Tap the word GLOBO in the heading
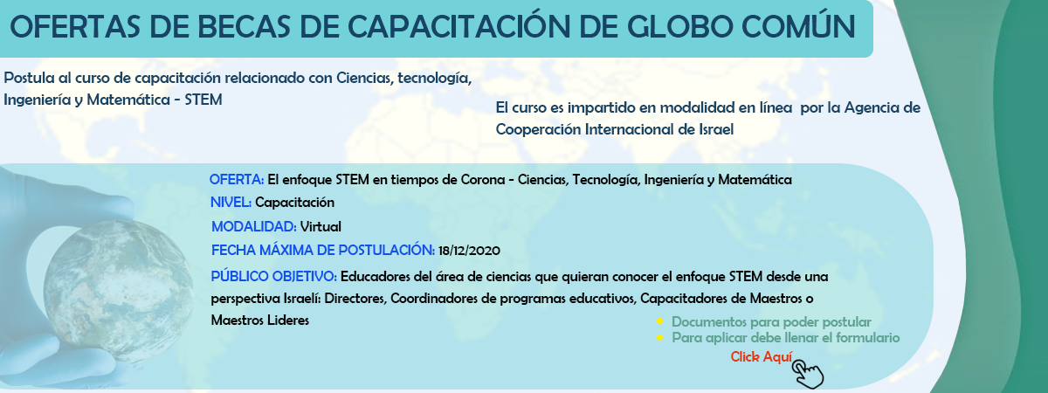[679, 27]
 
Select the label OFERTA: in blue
[237, 180]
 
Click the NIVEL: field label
[231, 203]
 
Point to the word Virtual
[321, 227]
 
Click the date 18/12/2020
[469, 251]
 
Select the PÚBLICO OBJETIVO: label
[273, 277]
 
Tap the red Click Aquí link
[762, 357]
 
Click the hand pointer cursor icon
[808, 374]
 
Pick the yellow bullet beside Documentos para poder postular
[659, 321]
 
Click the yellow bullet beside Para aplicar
[659, 337]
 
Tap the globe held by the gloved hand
[119, 291]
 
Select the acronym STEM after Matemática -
[203, 100]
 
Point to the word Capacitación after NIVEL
[295, 203]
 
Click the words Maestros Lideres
[260, 321]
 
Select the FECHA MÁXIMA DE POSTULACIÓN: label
[323, 251]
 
